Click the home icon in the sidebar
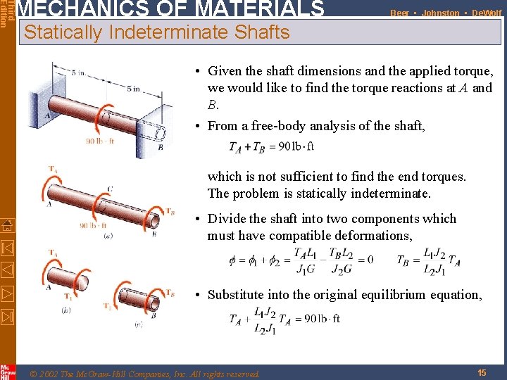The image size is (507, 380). tap(7, 226)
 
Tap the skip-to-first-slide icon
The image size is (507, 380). tap(7, 248)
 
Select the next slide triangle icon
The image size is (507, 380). tap(7, 292)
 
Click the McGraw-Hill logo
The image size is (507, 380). tap(7, 371)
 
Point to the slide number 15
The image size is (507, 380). tap(482, 372)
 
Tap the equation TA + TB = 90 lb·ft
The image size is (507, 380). tap(271, 147)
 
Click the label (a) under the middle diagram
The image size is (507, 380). tap(108, 236)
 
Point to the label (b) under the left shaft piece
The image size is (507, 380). tap(65, 309)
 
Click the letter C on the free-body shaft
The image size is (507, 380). tap(110, 189)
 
